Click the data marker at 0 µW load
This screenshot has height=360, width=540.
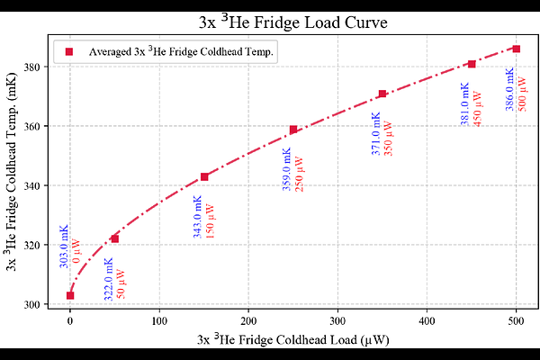pyautogui.click(x=70, y=295)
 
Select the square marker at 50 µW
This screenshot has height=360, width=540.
pyautogui.click(x=114, y=238)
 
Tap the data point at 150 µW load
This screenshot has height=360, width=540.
pyautogui.click(x=204, y=176)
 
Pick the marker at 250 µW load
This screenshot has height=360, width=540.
pyautogui.click(x=293, y=130)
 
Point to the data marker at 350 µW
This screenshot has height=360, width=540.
pyautogui.click(x=382, y=94)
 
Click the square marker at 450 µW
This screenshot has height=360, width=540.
pyautogui.click(x=472, y=64)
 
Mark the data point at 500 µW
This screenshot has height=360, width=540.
pyautogui.click(x=517, y=49)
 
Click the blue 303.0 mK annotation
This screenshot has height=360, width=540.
pyautogui.click(x=64, y=247)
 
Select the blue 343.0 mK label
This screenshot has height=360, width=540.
pyautogui.click(x=197, y=217)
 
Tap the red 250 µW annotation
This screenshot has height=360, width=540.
pyautogui.click(x=300, y=175)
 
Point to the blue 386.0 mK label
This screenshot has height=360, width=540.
pyautogui.click(x=509, y=89)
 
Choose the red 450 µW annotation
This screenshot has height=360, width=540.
pyautogui.click(x=477, y=109)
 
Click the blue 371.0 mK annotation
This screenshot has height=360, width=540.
pyautogui.click(x=376, y=133)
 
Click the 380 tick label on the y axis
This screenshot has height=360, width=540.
pyautogui.click(x=32, y=67)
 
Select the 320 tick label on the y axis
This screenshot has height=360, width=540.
pyautogui.click(x=32, y=245)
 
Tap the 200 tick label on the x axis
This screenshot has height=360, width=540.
pyautogui.click(x=248, y=321)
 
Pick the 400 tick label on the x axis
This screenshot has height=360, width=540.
pyautogui.click(x=427, y=321)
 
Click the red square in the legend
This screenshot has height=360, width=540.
pyautogui.click(x=69, y=51)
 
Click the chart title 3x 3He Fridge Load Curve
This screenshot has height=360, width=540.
pyautogui.click(x=293, y=22)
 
